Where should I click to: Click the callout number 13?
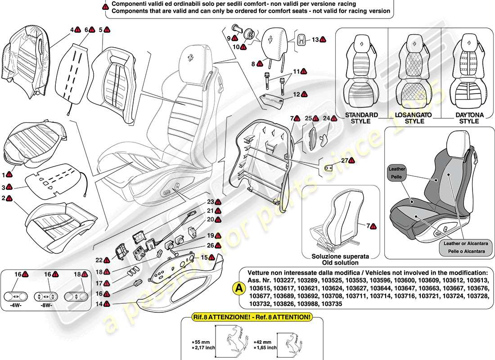tap(315, 40)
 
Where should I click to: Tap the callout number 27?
tap(344, 161)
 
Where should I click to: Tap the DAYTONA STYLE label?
tap(468, 118)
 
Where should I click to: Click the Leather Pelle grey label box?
tap(397, 172)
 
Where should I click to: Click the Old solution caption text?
tap(341, 262)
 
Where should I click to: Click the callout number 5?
tap(101, 30)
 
